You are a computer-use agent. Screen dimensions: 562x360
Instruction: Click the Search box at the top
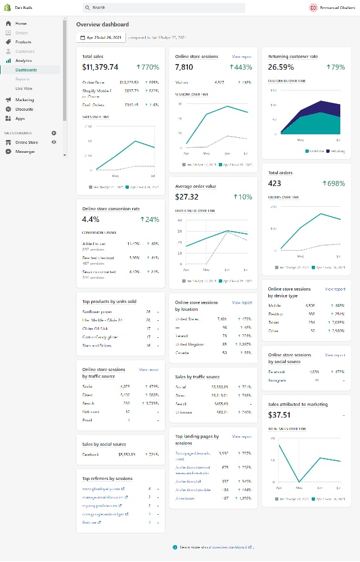(x=163, y=8)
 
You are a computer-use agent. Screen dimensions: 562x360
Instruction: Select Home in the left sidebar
(x=21, y=24)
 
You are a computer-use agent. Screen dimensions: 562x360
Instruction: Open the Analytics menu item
(x=23, y=61)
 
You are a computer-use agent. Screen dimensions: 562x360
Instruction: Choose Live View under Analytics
(x=24, y=88)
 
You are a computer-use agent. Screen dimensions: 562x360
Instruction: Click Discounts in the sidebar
(x=24, y=109)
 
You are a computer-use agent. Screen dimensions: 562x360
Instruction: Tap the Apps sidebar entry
(x=20, y=119)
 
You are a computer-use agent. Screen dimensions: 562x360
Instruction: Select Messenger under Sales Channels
(x=25, y=152)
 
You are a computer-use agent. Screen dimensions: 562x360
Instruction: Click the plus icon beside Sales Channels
(x=54, y=133)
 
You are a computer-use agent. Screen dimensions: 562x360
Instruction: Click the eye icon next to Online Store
(x=54, y=143)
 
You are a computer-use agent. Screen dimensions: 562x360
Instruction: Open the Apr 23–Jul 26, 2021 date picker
(x=101, y=38)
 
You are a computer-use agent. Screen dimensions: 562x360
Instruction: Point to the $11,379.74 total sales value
(x=100, y=67)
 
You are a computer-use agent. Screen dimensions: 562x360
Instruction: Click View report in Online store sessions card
(x=242, y=57)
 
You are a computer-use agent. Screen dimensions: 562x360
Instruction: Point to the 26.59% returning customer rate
(x=281, y=67)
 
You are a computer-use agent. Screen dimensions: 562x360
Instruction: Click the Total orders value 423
(x=274, y=183)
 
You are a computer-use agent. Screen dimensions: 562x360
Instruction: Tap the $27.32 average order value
(x=187, y=197)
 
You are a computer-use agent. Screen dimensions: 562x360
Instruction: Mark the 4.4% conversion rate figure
(x=91, y=219)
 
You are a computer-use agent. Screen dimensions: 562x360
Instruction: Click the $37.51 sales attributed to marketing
(x=280, y=415)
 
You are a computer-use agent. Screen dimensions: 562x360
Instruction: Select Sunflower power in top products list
(x=97, y=311)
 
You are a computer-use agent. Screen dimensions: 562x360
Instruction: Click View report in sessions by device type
(x=335, y=289)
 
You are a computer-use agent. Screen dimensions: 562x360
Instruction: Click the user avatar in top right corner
(x=313, y=8)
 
